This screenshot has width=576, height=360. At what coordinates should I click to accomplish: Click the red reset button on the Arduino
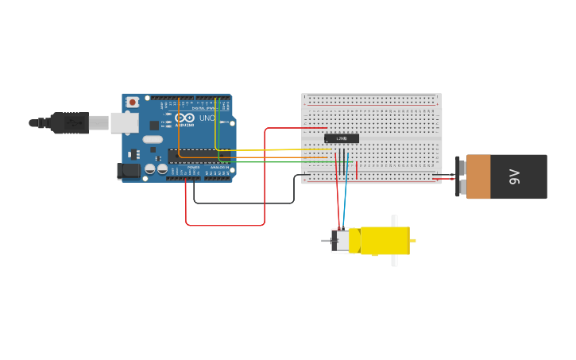coord(133,102)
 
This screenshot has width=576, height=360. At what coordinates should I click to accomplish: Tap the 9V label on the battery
coord(514,176)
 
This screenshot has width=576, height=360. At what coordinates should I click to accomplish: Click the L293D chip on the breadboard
coord(342,138)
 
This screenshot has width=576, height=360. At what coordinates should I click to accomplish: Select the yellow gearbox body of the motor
coord(385,241)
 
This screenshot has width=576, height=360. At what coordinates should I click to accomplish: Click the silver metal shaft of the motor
coord(326,241)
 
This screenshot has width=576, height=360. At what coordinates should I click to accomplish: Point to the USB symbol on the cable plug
coord(73,122)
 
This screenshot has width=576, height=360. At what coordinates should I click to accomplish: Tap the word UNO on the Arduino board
coord(207,118)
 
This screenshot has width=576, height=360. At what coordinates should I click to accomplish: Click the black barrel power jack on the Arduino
coord(128,170)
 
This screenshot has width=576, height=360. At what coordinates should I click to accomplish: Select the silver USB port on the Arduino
coord(124,122)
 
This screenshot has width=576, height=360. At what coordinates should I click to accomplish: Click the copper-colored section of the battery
coord(478,176)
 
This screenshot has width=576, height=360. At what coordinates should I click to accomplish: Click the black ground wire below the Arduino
coord(238,203)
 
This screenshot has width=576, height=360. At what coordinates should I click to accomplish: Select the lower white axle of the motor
coord(394,261)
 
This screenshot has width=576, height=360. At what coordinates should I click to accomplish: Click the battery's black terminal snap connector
coord(460,176)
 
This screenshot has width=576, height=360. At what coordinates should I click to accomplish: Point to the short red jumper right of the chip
coord(357,170)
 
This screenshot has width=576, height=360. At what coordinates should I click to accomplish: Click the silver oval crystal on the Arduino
coord(153,140)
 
